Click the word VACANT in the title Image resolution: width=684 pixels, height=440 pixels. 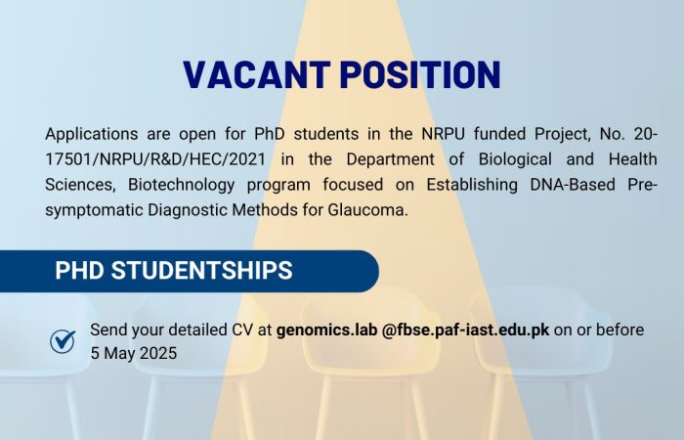[256, 75]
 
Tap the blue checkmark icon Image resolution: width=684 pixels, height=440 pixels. [63, 341]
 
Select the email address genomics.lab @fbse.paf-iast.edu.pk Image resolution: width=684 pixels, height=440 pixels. [412, 330]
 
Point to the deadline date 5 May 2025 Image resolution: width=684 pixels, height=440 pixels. [134, 353]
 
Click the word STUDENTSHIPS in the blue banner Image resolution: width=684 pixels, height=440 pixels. [201, 270]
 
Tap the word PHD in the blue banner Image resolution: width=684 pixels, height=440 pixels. [79, 270]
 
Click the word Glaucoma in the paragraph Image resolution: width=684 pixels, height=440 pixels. [367, 210]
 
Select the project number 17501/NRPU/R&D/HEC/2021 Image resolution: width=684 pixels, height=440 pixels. [155, 159]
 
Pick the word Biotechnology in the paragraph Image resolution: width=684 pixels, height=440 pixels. [181, 185]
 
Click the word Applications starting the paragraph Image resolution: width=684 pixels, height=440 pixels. [92, 134]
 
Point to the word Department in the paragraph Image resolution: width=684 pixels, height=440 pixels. [391, 159]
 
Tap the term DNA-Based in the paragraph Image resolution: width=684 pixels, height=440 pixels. [573, 185]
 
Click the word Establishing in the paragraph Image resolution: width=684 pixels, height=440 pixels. [472, 185]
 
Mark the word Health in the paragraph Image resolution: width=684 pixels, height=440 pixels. [633, 159]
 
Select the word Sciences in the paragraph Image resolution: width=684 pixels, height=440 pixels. [80, 185]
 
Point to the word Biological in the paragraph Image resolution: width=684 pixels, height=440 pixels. [515, 159]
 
